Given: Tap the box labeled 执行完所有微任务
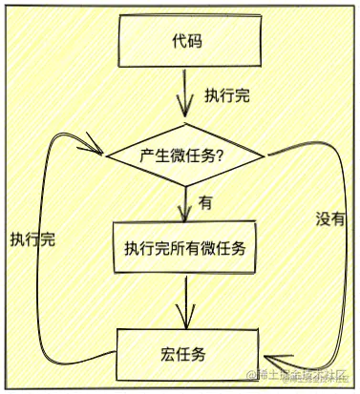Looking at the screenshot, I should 185,250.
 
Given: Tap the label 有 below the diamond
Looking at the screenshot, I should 205,202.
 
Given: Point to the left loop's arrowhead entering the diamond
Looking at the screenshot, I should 98,150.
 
